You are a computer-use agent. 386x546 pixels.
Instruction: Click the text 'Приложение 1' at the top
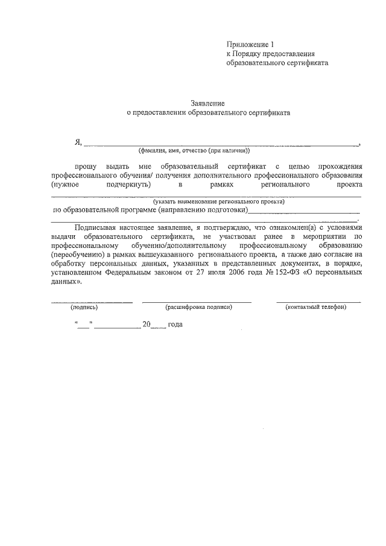pyautogui.click(x=250, y=44)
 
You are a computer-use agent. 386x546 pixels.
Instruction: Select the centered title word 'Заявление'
pyautogui.click(x=207, y=103)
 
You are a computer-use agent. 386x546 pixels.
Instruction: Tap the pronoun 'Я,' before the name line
pyautogui.click(x=78, y=142)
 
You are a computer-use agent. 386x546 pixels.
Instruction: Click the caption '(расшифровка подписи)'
pyautogui.click(x=198, y=307)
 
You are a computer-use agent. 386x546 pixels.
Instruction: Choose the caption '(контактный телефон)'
pyautogui.click(x=315, y=307)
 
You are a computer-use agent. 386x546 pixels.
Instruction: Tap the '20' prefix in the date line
pyautogui.click(x=145, y=324)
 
